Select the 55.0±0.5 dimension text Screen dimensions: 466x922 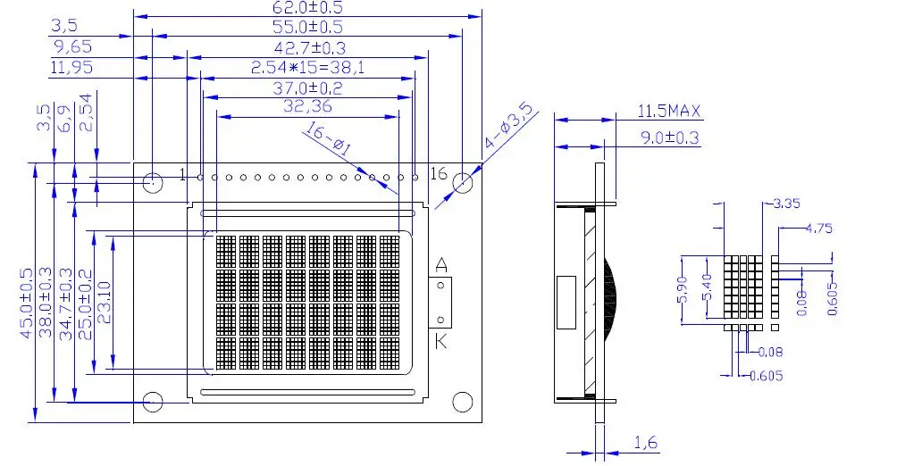306,28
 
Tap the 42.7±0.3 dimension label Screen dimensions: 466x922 309,47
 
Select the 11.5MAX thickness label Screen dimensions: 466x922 669,112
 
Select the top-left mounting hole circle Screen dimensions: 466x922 153,183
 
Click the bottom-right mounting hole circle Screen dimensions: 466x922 462,402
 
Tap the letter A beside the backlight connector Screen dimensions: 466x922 440,264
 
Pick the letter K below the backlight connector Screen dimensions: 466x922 441,342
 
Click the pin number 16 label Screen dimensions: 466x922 439,173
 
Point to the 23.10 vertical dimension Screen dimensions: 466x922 104,304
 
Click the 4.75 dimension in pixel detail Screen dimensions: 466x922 818,228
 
